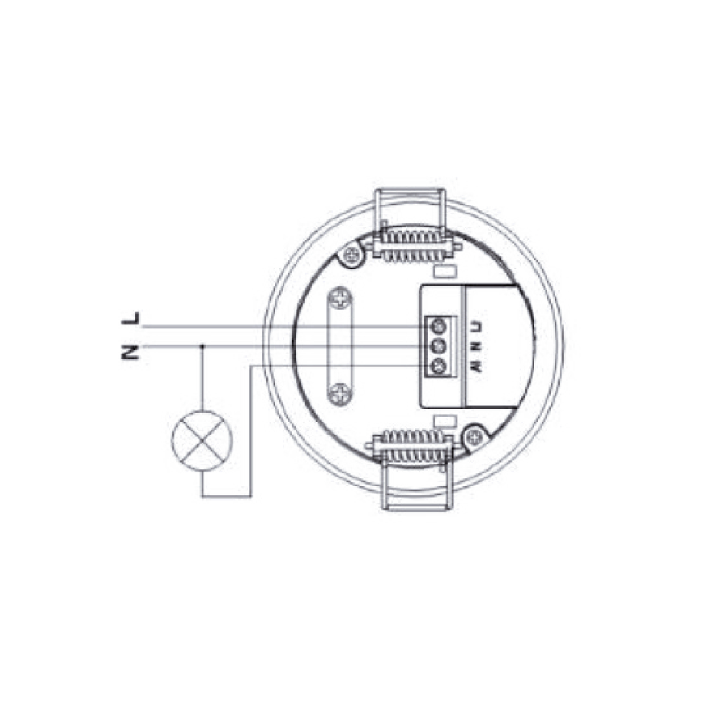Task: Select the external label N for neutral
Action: pyautogui.click(x=130, y=352)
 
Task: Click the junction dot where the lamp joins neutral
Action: pyautogui.click(x=202, y=346)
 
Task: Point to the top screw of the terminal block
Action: pyautogui.click(x=438, y=324)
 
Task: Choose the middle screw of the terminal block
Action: pyautogui.click(x=438, y=345)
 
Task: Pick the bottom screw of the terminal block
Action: pyautogui.click(x=438, y=366)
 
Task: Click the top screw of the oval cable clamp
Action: pyautogui.click(x=340, y=300)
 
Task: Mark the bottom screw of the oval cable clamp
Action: pyautogui.click(x=340, y=392)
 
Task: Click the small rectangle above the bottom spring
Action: pyautogui.click(x=446, y=420)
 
